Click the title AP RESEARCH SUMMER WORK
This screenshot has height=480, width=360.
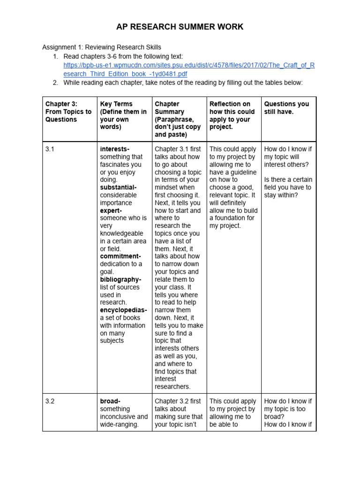point(180,27)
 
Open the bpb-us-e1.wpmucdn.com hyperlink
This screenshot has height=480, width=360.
point(189,69)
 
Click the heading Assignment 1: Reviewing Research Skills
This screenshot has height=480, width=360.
point(102,47)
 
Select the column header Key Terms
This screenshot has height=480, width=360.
point(123,115)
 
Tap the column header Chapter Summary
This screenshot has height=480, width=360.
point(178,119)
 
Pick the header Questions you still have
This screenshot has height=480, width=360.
point(286,108)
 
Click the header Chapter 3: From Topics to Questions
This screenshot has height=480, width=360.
point(68,112)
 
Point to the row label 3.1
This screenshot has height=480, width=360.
point(50,149)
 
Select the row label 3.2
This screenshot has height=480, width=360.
point(50,401)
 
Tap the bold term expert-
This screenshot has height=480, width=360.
point(111,210)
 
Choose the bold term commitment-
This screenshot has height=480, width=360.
point(120,256)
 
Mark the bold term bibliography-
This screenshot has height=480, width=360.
point(120,279)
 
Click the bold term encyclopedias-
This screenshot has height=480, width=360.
point(123,310)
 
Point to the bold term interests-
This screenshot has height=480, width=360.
point(115,149)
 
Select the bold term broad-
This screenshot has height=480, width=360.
point(110,401)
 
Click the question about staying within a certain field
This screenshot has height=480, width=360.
point(288,187)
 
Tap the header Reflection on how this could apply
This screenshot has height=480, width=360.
point(232,115)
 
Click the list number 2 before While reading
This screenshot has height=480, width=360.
point(55,82)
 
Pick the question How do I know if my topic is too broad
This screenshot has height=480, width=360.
point(288,409)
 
